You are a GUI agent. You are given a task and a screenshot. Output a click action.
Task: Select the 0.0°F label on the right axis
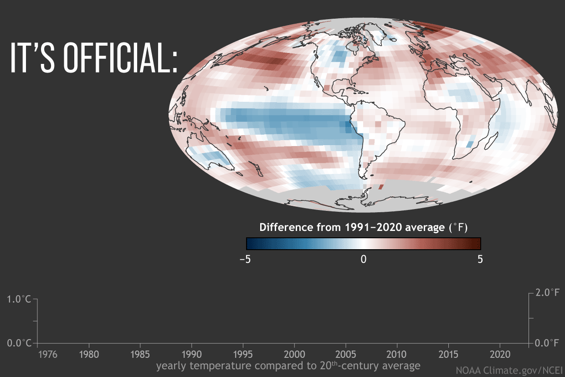[547, 343]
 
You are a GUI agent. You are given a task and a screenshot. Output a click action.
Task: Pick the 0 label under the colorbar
[364, 259]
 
